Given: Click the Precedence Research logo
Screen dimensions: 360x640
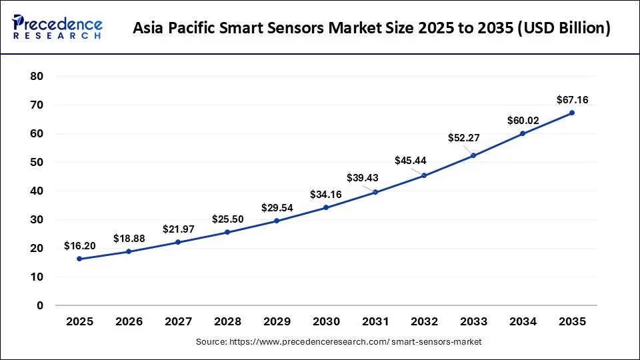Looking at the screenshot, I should point(57,27).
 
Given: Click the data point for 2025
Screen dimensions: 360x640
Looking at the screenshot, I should point(79,259).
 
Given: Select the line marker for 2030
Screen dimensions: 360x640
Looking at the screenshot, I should point(325,207).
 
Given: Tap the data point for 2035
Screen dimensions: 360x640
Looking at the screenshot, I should point(572,113).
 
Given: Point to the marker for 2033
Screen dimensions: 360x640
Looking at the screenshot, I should point(473,155).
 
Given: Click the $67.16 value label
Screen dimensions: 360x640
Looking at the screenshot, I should point(572,100).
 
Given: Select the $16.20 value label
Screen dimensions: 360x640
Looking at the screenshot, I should point(79,246).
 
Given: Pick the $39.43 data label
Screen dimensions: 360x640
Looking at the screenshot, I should point(363,177).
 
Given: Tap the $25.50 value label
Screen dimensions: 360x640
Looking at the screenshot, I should point(227,219).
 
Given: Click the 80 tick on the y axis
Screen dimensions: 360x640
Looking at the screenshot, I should point(37,77).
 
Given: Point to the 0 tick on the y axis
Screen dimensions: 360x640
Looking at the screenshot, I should point(40,306).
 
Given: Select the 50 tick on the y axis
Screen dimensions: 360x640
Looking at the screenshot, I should point(37,163).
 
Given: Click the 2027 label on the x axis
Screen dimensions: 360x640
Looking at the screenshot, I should point(178,321).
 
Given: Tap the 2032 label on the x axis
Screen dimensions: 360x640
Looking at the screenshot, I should point(424,321).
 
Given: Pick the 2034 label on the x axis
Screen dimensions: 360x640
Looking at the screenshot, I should point(523,321).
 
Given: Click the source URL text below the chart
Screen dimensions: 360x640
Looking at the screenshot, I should point(338,341).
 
